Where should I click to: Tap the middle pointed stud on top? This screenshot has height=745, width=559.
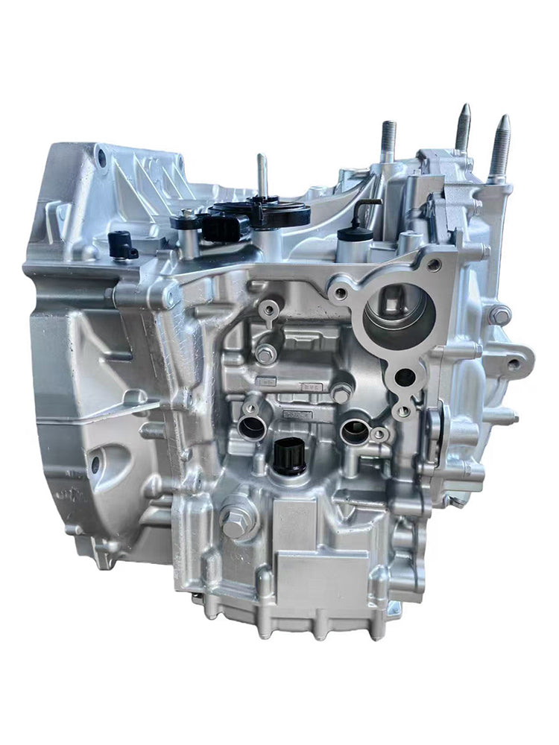[x=463, y=128]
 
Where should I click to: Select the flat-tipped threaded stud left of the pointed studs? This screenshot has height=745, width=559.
[x=388, y=142]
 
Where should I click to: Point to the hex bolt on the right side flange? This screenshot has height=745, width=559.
[x=500, y=315]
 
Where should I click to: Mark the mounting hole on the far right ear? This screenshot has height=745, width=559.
[x=514, y=364]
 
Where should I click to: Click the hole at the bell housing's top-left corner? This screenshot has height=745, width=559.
[x=100, y=156]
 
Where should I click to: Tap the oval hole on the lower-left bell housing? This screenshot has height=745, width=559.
[x=95, y=466]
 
